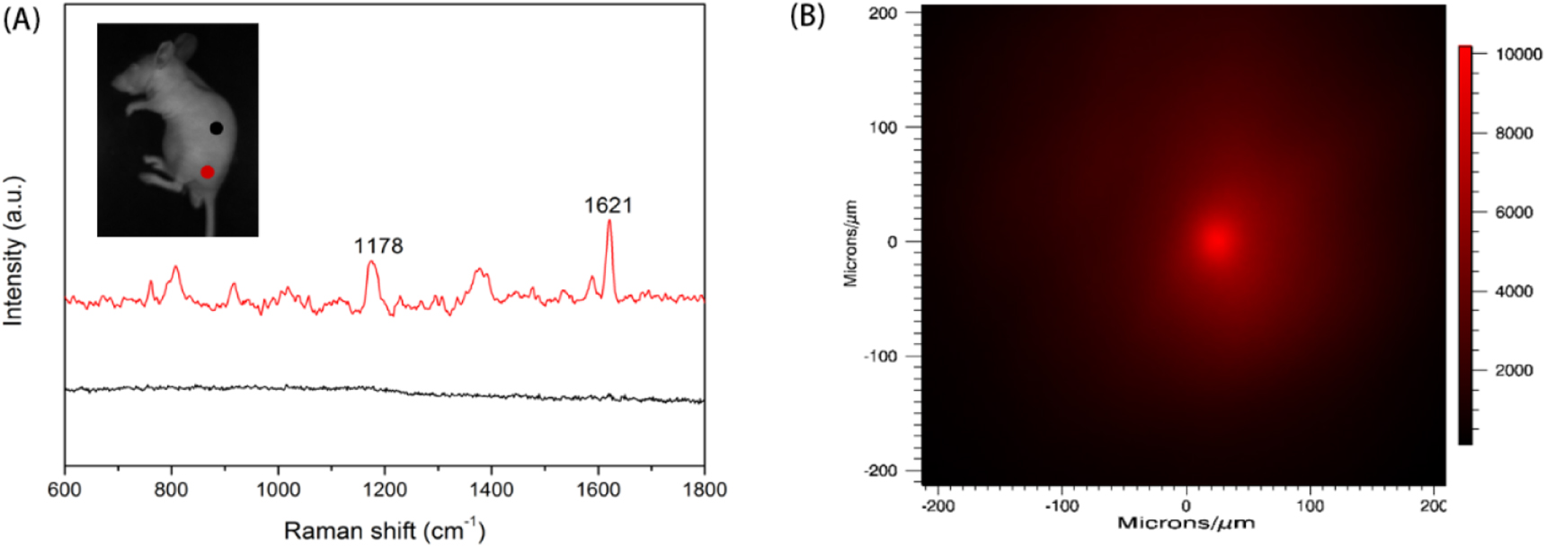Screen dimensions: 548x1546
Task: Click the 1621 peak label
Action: tap(609, 206)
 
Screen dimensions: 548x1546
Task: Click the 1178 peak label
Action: tap(378, 246)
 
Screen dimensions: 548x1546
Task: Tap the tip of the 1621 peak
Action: tap(609, 221)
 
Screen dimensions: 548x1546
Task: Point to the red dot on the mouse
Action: tap(208, 172)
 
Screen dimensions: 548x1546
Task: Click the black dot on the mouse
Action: tap(216, 128)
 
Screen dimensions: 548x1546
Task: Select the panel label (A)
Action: tap(22, 18)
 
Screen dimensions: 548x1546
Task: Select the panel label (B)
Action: tap(806, 15)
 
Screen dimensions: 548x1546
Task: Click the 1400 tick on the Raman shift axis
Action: tap(491, 490)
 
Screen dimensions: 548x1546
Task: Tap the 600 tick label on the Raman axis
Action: tap(65, 490)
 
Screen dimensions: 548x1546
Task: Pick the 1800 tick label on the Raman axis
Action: tap(705, 490)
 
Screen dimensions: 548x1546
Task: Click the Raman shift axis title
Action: tap(385, 531)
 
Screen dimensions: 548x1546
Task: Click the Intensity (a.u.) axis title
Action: tap(13, 251)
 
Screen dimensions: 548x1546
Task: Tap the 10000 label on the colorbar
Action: tap(1518, 54)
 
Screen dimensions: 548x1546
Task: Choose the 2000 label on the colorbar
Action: tap(1514, 370)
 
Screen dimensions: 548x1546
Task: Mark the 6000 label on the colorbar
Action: tap(1514, 212)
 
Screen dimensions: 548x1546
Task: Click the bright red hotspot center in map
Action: tap(1217, 240)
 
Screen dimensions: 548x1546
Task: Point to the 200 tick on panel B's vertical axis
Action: tap(883, 13)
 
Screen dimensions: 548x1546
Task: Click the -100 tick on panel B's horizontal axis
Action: tap(1062, 506)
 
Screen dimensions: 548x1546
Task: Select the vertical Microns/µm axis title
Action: tap(850, 243)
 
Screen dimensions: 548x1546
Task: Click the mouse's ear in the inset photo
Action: tap(185, 45)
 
